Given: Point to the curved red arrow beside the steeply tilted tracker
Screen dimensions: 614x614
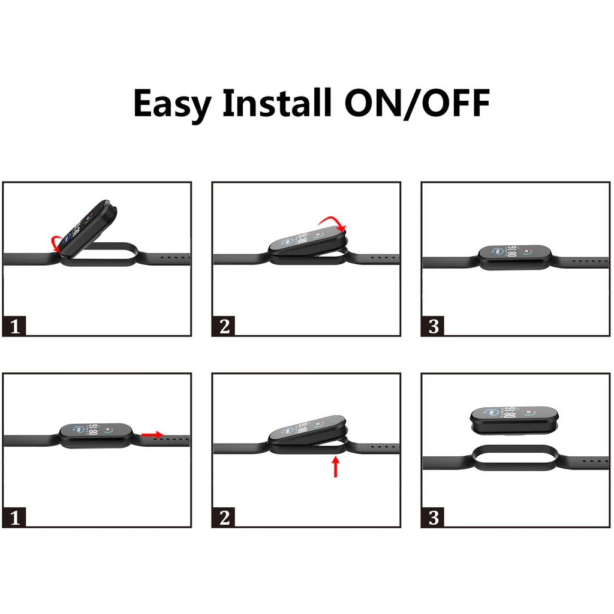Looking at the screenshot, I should coord(55,243).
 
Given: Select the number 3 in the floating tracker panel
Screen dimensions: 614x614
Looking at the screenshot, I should coord(434,517).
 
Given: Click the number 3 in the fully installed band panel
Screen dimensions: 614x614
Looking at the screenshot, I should coord(434,326).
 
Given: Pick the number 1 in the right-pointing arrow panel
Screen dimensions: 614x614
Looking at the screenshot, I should coord(15,517).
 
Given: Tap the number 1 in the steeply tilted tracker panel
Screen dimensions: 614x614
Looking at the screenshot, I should coord(15,326).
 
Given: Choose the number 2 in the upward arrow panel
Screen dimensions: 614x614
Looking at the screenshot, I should coord(224,517).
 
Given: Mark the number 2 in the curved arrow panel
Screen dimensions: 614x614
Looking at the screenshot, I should coord(224,326).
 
